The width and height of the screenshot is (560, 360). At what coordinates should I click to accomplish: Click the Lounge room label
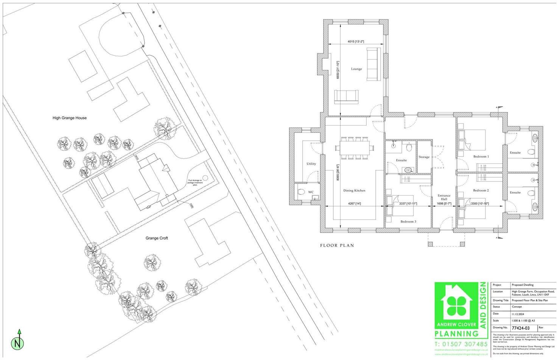[356, 69]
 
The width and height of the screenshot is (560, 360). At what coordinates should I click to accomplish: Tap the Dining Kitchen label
[354, 191]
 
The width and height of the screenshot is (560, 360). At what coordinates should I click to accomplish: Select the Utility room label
[311, 164]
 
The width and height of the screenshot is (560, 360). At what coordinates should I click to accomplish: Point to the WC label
[311, 192]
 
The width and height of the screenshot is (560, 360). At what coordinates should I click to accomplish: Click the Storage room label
[424, 157]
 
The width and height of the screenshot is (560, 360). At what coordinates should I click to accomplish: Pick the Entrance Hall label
[444, 197]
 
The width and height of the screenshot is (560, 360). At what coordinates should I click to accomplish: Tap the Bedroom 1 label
[481, 157]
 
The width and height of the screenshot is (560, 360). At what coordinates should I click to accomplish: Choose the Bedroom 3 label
[408, 222]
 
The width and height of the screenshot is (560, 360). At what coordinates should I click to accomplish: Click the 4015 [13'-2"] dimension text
[356, 42]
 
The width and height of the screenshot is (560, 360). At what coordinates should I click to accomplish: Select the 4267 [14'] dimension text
[354, 204]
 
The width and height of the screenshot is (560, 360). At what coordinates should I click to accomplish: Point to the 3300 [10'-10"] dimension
[479, 204]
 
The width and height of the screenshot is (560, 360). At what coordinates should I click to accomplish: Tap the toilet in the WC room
[302, 192]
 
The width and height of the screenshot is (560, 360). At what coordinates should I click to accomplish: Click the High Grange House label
[70, 118]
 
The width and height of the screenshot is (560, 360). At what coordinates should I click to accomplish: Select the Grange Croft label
[157, 238]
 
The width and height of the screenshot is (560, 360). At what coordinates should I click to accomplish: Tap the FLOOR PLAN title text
[337, 245]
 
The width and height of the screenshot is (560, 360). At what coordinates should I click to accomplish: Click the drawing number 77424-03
[521, 328]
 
